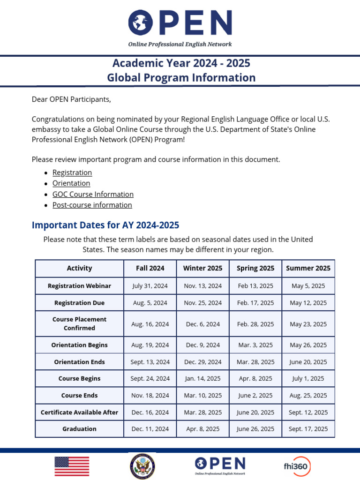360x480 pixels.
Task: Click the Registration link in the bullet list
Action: (72, 172)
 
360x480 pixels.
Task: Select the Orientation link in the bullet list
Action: (71, 183)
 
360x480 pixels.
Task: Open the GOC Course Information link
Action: (93, 194)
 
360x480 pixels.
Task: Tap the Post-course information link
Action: (92, 205)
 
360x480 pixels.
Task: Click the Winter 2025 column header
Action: (203, 268)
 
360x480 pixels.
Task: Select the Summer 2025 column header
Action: (308, 268)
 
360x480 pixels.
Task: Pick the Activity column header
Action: (79, 268)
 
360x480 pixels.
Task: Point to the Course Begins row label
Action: (79, 378)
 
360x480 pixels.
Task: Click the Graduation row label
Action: (79, 428)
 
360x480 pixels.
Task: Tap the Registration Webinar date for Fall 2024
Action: (150, 285)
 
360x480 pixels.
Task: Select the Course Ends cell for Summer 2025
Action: (308, 395)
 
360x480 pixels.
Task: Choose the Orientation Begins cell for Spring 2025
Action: (255, 345)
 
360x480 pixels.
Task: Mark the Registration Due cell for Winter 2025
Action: (203, 303)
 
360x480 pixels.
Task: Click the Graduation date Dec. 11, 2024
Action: (150, 428)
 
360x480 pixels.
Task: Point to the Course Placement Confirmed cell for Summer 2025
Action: (308, 324)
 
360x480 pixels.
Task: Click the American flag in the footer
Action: (72, 466)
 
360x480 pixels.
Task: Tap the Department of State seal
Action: (142, 466)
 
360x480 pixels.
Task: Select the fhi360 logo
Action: (297, 466)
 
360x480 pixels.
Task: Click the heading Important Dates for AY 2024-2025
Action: (105, 225)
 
